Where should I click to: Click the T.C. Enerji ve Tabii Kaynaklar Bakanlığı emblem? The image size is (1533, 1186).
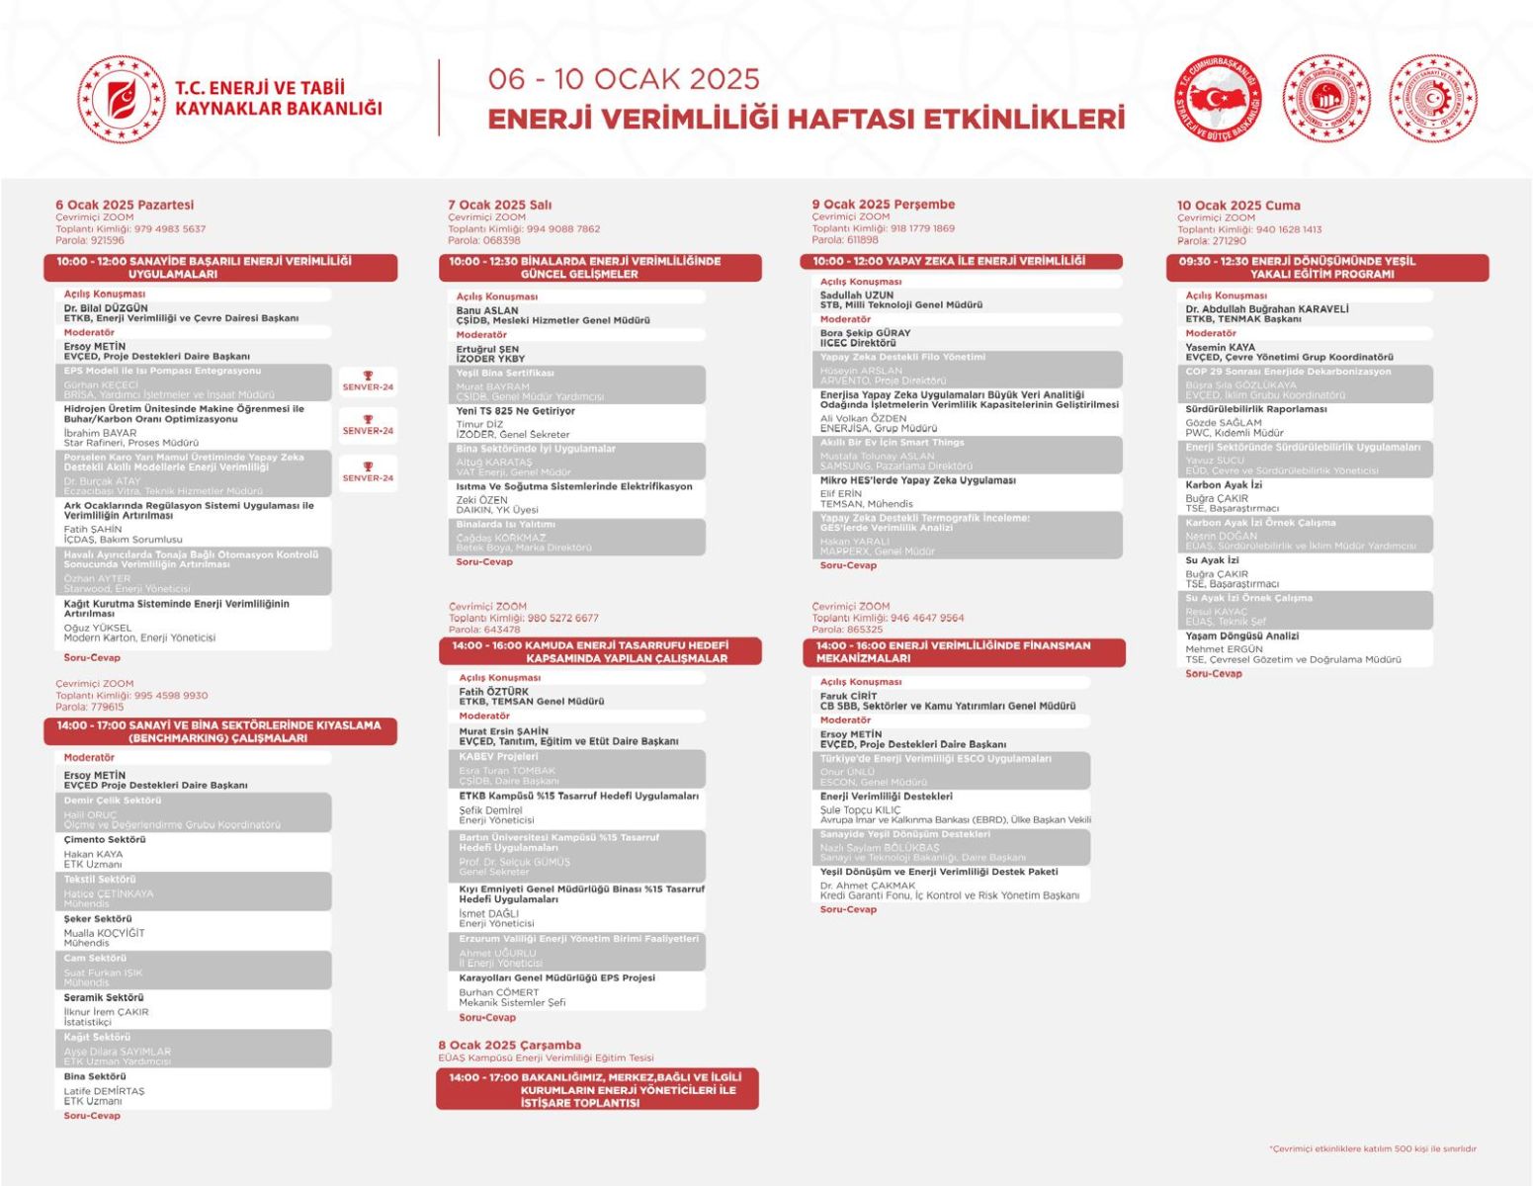tap(122, 99)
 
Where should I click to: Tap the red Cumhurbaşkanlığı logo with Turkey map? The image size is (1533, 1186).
tap(1218, 99)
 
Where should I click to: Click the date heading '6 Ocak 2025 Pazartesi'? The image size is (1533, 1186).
tap(125, 205)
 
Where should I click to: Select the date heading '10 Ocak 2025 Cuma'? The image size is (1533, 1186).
tap(1238, 206)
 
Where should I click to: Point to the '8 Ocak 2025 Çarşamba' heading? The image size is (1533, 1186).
tap(510, 1045)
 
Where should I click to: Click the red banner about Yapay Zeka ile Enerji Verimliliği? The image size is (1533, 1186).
tap(961, 262)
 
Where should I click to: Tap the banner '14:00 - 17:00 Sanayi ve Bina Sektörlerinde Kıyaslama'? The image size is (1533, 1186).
tap(219, 731)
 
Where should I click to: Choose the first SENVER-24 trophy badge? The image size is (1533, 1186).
tap(368, 381)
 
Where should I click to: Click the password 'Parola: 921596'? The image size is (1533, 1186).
tap(90, 240)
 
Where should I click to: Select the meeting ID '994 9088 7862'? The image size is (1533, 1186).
tap(563, 229)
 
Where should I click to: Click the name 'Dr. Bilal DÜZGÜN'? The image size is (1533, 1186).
tap(106, 308)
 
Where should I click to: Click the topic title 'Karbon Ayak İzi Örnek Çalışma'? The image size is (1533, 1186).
tap(1260, 523)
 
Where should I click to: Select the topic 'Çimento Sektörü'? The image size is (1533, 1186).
tap(105, 840)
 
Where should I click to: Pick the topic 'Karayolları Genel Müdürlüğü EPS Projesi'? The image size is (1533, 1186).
tap(556, 977)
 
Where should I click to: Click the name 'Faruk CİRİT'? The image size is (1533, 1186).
tap(848, 696)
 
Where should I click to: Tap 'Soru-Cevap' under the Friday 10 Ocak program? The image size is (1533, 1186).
tap(1214, 674)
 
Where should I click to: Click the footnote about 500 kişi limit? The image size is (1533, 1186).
tap(1372, 1148)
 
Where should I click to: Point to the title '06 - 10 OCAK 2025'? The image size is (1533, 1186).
tap(624, 79)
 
